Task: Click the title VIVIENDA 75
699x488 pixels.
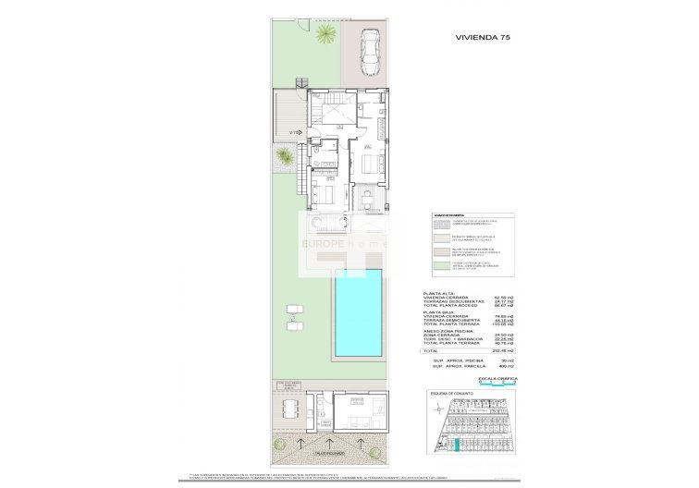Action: coord(483,37)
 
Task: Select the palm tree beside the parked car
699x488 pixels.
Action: coord(325,35)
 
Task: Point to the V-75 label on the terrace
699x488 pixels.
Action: coord(293,133)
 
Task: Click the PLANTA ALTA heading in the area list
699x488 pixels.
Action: coord(437,294)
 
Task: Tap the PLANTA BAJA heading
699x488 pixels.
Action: coord(437,312)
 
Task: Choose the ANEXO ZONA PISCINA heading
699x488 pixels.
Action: coord(448,332)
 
